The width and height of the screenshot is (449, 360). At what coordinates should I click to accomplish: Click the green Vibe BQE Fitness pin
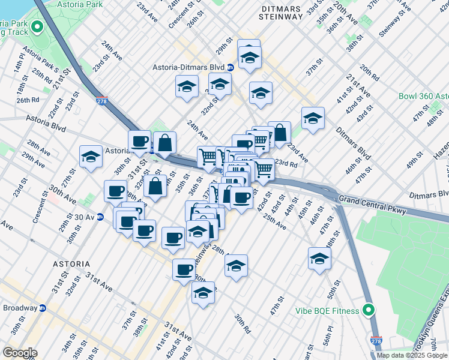369,310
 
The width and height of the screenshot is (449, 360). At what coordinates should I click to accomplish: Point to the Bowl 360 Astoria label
423,96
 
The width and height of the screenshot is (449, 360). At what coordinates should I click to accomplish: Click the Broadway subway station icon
43,308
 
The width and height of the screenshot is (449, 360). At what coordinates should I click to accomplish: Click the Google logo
19,352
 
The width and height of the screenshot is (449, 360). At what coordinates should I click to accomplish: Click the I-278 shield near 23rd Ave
102,101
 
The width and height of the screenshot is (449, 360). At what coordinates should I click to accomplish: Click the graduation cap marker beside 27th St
91,157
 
